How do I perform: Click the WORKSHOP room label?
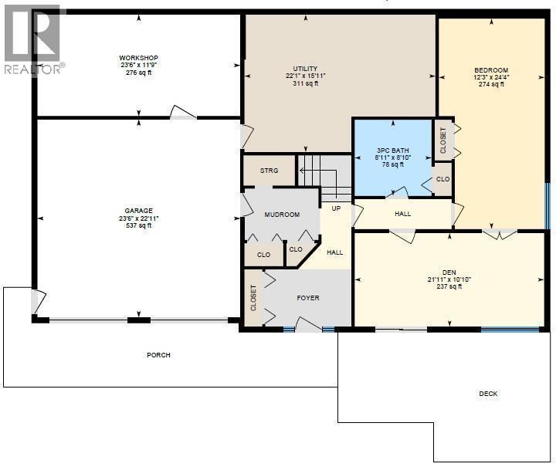point(138,58)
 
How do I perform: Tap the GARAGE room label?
point(138,211)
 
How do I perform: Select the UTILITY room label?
point(305,69)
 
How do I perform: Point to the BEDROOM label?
point(491,70)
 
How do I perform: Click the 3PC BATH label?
point(393,149)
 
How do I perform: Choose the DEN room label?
point(449,272)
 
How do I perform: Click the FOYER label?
point(308,298)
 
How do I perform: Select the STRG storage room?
point(269,171)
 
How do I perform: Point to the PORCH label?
point(158,355)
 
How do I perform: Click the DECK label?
point(488,394)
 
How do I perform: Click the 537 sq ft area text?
point(138,226)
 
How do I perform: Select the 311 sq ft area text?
point(305,83)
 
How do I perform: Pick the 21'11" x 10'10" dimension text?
point(449,279)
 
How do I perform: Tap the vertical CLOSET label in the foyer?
point(253,299)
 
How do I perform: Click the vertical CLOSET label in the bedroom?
point(443,140)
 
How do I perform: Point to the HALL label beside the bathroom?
point(402,214)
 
